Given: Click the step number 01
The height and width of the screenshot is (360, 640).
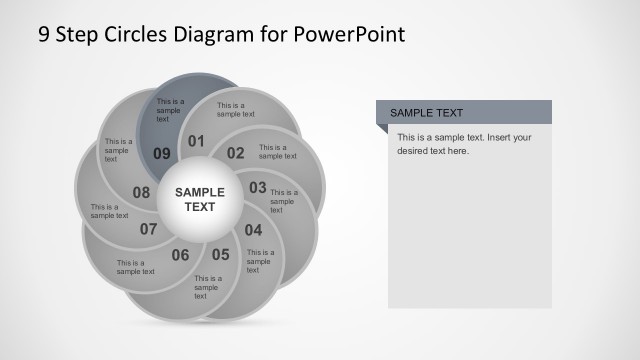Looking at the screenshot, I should (x=196, y=141).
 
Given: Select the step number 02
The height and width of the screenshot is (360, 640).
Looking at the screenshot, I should (x=235, y=153).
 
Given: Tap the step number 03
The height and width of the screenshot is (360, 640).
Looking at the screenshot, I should (x=258, y=187).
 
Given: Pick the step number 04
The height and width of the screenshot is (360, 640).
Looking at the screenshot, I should (x=253, y=229).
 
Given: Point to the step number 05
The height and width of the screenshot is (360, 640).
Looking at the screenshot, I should (x=220, y=254).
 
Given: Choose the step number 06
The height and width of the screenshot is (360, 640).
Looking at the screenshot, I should (x=180, y=255).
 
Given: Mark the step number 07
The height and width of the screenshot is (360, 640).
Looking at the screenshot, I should (x=149, y=229).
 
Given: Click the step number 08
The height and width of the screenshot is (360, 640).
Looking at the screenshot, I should (x=141, y=192).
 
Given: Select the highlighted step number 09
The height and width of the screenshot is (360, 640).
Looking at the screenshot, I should (x=162, y=153).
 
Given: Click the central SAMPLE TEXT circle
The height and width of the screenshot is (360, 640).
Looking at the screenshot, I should (x=200, y=199).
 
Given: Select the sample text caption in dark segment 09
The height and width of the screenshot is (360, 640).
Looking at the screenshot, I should (x=169, y=110).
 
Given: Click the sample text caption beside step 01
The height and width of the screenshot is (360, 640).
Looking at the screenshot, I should (x=231, y=111).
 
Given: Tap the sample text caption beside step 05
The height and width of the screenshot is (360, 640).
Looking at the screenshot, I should (x=207, y=287).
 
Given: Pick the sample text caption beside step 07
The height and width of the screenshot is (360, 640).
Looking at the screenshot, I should (x=135, y=267).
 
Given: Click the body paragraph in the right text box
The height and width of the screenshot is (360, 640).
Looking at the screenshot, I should (x=463, y=144).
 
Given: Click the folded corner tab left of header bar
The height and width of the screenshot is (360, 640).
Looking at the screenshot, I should (x=381, y=128).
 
